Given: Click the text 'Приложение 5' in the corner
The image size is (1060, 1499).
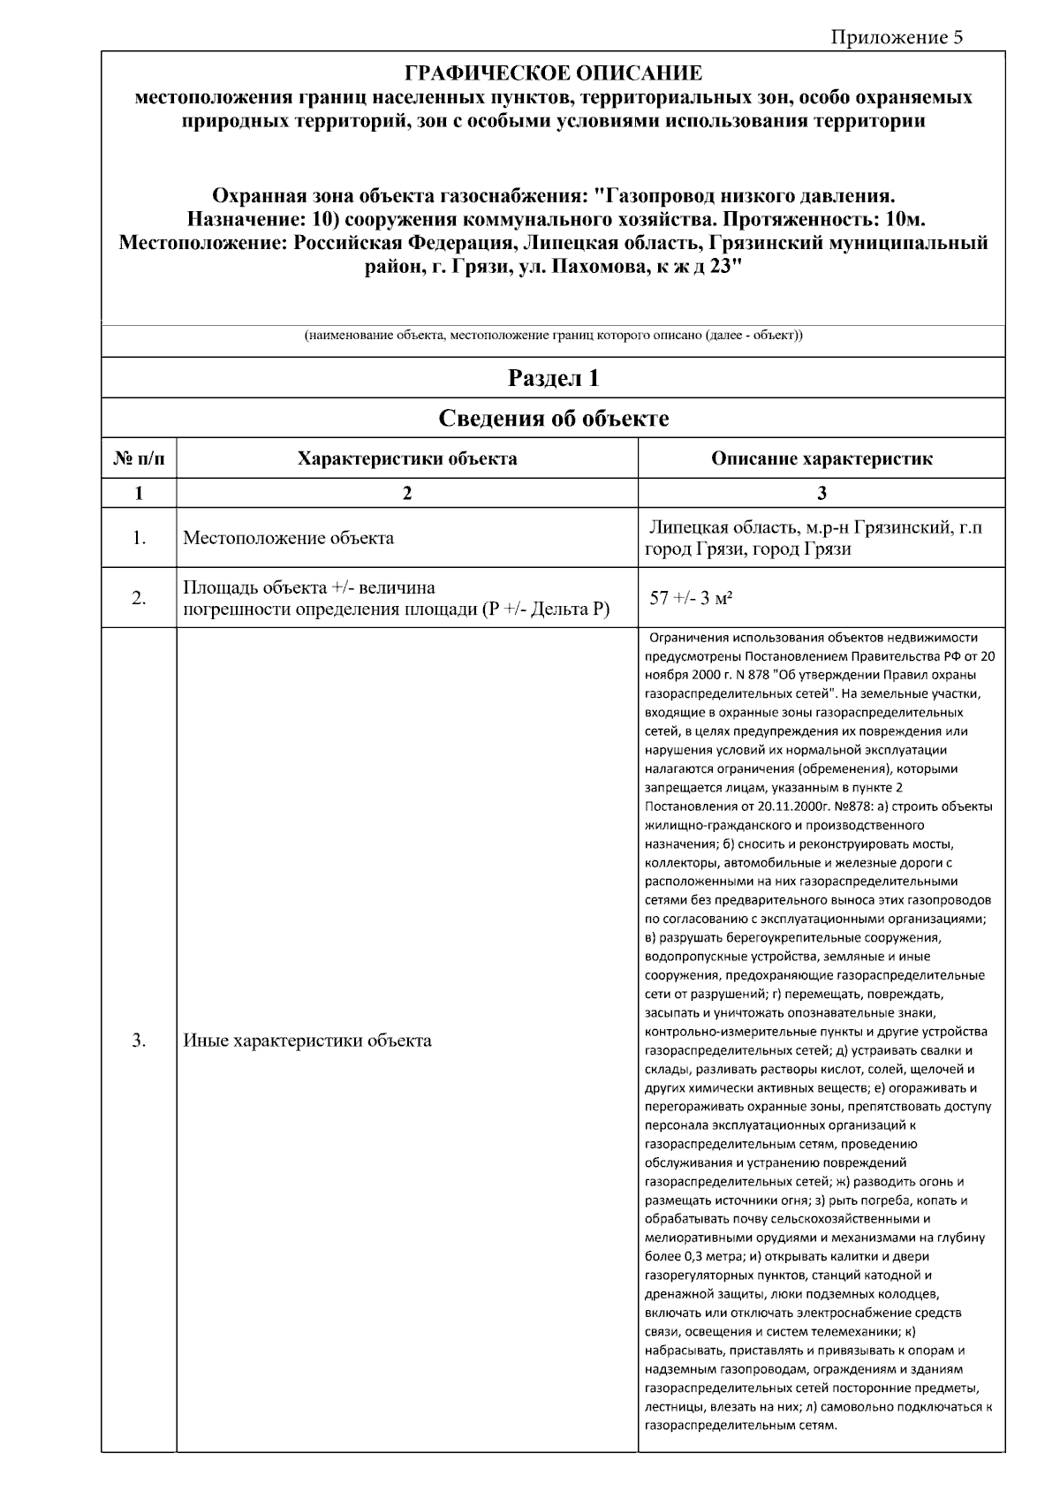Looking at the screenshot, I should click(x=897, y=36).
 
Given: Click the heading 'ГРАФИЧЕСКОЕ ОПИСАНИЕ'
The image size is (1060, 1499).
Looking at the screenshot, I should click(x=553, y=73).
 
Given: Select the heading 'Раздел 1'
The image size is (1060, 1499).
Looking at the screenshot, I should click(x=553, y=378).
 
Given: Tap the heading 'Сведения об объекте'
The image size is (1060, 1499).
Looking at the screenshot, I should click(x=553, y=419).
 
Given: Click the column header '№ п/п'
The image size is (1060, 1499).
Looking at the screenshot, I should click(x=139, y=458).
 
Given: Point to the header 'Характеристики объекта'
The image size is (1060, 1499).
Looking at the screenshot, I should click(x=407, y=458).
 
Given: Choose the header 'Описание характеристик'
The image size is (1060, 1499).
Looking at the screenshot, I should click(x=821, y=458).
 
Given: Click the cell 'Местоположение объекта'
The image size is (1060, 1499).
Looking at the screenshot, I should click(x=288, y=538).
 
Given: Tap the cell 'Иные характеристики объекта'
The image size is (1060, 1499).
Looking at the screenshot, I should click(x=307, y=1040).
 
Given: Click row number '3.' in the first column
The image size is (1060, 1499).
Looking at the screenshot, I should click(x=139, y=1040).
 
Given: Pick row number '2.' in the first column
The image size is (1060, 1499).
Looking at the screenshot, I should click(x=139, y=598).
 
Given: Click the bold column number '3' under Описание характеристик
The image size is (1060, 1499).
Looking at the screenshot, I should click(x=821, y=493).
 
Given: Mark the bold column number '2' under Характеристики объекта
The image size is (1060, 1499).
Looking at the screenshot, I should click(x=407, y=493).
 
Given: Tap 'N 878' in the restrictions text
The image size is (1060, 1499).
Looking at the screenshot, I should click(x=754, y=676).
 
